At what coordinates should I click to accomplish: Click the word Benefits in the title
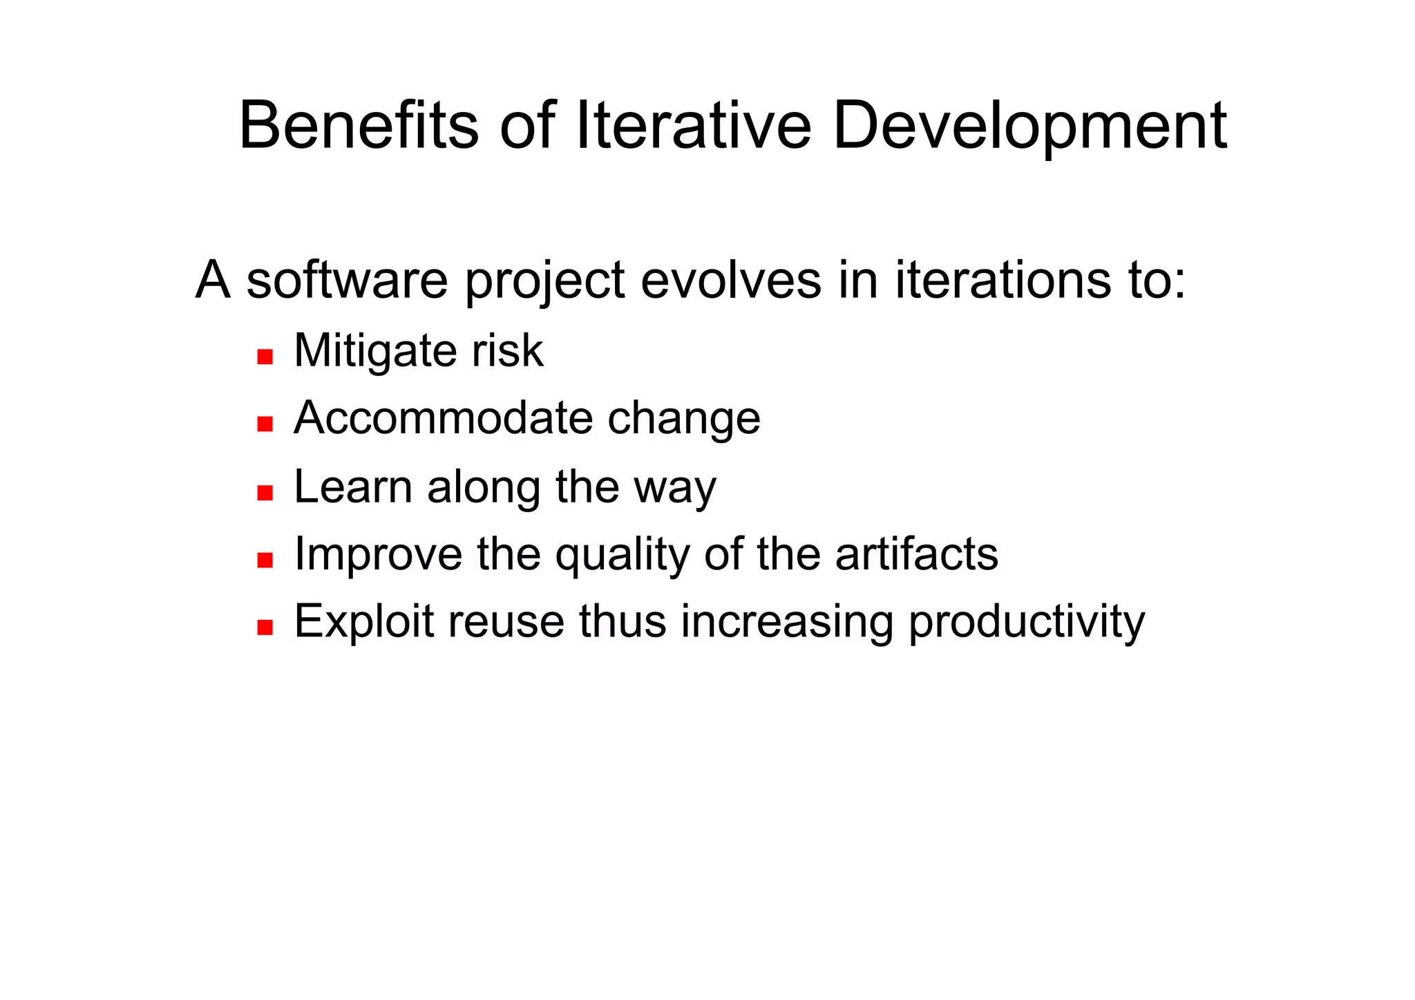pos(359,126)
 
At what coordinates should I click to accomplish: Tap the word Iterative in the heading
pos(693,126)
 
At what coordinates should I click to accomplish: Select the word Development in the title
pos(1029,126)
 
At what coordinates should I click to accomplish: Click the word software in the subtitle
pos(347,281)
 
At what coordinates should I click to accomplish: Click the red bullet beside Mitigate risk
pos(265,357)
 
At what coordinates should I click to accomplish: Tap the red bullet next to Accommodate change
pos(265,424)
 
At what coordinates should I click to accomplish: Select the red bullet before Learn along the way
pos(265,493)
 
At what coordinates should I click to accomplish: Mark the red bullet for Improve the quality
pos(265,559)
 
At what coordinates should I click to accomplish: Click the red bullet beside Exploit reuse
pos(265,627)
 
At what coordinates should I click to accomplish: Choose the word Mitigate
pos(374,351)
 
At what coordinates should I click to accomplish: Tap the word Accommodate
pos(443,418)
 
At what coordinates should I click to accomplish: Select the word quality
pos(622,555)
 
